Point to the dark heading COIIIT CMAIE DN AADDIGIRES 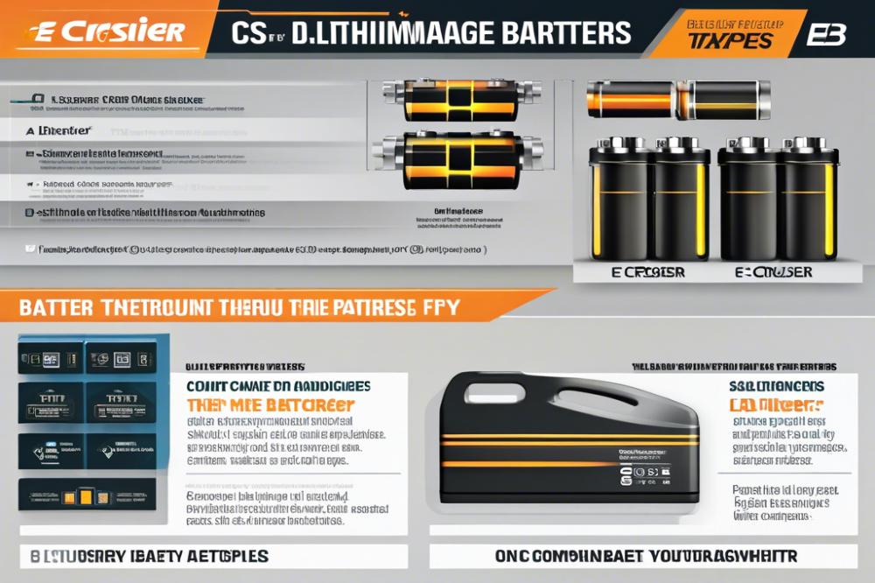(x=277, y=385)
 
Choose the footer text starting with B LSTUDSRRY (x=149, y=556)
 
